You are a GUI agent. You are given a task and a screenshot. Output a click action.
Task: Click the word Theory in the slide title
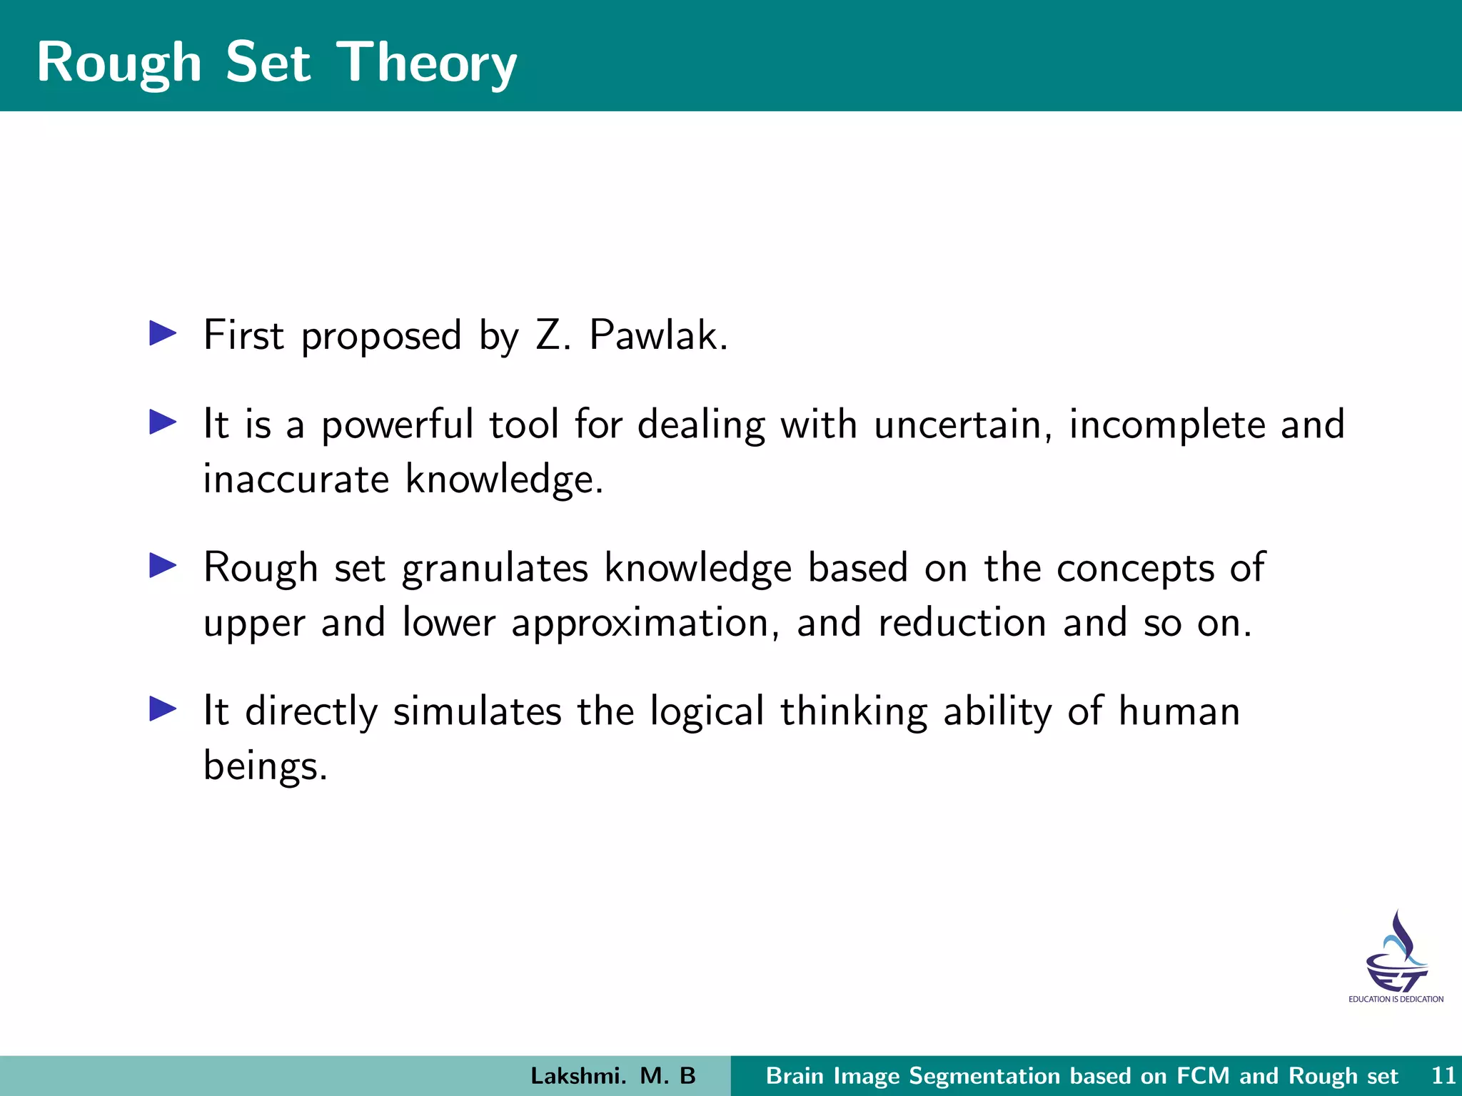coord(426,63)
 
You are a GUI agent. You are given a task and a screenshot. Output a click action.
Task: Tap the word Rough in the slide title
coord(119,63)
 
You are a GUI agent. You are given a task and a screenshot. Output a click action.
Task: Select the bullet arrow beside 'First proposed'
coord(163,333)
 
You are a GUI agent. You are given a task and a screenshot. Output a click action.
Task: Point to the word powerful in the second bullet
coord(397,425)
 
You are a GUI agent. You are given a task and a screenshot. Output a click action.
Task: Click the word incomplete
coord(1166,425)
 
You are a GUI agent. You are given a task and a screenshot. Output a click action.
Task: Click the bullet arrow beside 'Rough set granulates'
coord(163,566)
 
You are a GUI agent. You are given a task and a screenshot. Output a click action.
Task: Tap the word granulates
coord(495,569)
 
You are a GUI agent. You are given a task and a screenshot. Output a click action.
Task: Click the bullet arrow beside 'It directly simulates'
coord(163,709)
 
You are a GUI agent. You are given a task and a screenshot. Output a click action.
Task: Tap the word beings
coord(264,766)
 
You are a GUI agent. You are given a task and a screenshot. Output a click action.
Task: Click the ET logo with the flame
coord(1396,952)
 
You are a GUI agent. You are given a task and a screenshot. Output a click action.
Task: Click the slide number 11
coord(1443,1075)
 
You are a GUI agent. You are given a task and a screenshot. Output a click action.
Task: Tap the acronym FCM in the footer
coord(1204,1075)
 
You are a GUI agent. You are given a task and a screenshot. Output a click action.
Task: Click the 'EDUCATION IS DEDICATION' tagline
coord(1396,999)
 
